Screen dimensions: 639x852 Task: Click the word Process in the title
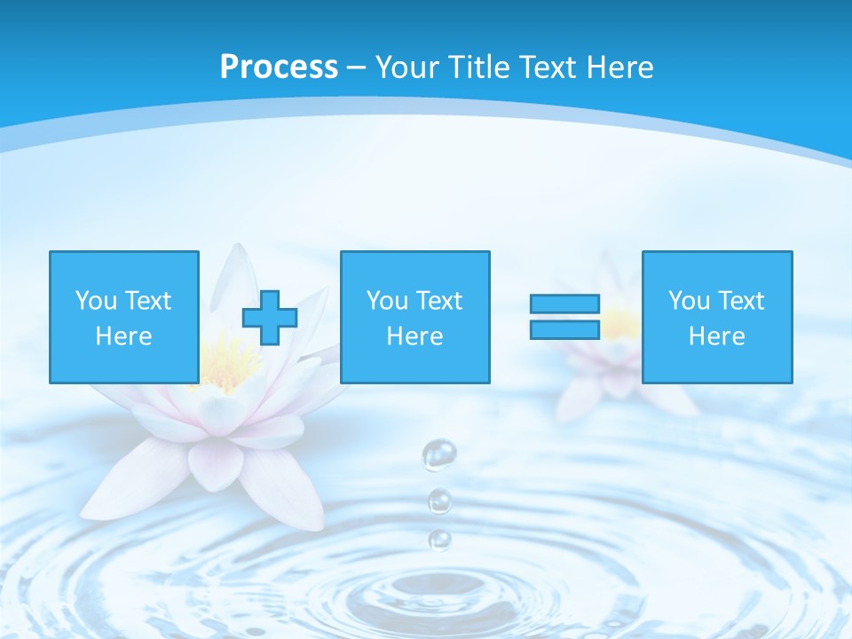[279, 67]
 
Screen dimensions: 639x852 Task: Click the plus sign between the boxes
[270, 318]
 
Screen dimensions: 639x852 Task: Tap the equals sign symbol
[564, 317]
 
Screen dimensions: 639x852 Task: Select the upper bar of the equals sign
[564, 304]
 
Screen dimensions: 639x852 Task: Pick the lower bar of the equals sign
[564, 329]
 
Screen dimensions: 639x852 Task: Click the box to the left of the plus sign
[123, 317]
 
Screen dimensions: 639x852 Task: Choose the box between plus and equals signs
[414, 317]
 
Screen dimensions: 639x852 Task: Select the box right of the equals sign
[716, 317]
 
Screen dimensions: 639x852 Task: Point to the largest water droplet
[438, 455]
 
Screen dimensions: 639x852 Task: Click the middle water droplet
[439, 501]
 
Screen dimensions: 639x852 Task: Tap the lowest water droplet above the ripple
[439, 539]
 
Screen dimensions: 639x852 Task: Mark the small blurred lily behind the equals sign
[612, 355]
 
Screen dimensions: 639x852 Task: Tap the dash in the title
[357, 67]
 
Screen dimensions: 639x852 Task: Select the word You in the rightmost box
[688, 301]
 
